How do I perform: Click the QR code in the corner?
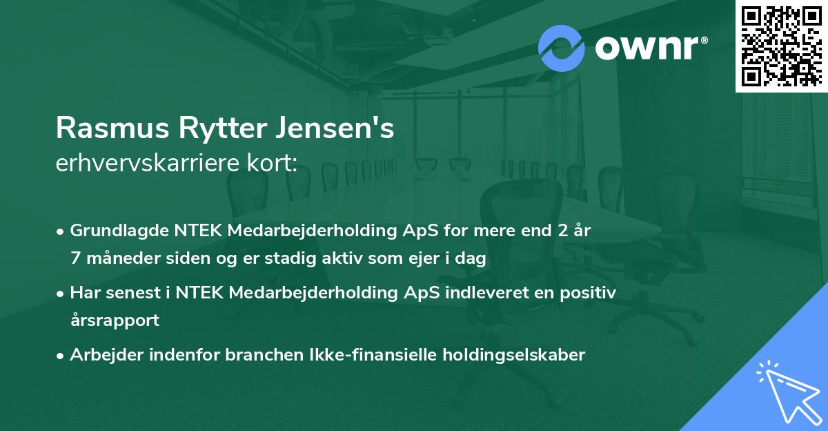(x=781, y=46)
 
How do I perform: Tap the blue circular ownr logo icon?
(x=562, y=48)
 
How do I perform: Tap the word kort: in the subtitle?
(x=275, y=163)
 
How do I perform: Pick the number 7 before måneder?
(x=75, y=259)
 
